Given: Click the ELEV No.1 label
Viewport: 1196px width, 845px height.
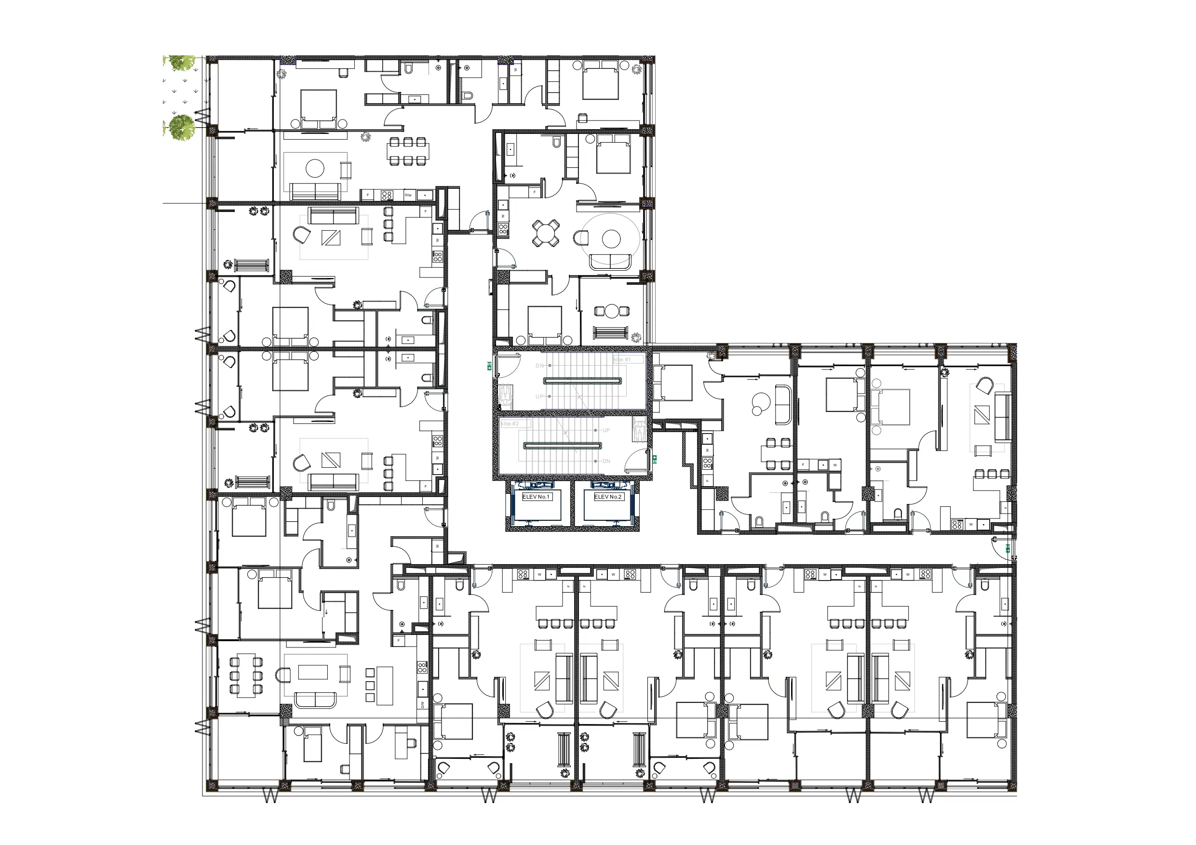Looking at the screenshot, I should (536, 497).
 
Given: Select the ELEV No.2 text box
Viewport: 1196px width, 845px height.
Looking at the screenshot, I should (608, 497).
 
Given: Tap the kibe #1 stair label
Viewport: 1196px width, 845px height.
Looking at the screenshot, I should (622, 360).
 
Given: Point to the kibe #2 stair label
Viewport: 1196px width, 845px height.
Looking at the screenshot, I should (511, 424).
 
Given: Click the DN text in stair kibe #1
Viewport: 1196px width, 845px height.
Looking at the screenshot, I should (539, 366).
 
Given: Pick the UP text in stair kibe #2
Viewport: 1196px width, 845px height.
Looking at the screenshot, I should (606, 431).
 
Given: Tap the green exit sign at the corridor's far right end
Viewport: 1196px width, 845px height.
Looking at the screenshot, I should (1008, 548).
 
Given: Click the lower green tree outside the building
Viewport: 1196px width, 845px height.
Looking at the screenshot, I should (182, 127).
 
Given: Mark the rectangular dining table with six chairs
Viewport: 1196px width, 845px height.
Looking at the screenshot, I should (408, 151).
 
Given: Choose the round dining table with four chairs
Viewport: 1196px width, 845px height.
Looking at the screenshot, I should (546, 233).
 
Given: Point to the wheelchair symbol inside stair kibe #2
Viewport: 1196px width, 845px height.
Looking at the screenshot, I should (640, 431).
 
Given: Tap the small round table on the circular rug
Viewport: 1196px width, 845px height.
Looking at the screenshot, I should (611, 239).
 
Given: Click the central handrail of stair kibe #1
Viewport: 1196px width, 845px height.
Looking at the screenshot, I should (583, 381).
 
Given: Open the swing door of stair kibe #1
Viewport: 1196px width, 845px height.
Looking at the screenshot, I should (508, 365).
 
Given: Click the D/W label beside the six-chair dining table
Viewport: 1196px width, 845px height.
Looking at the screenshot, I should (408, 195).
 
